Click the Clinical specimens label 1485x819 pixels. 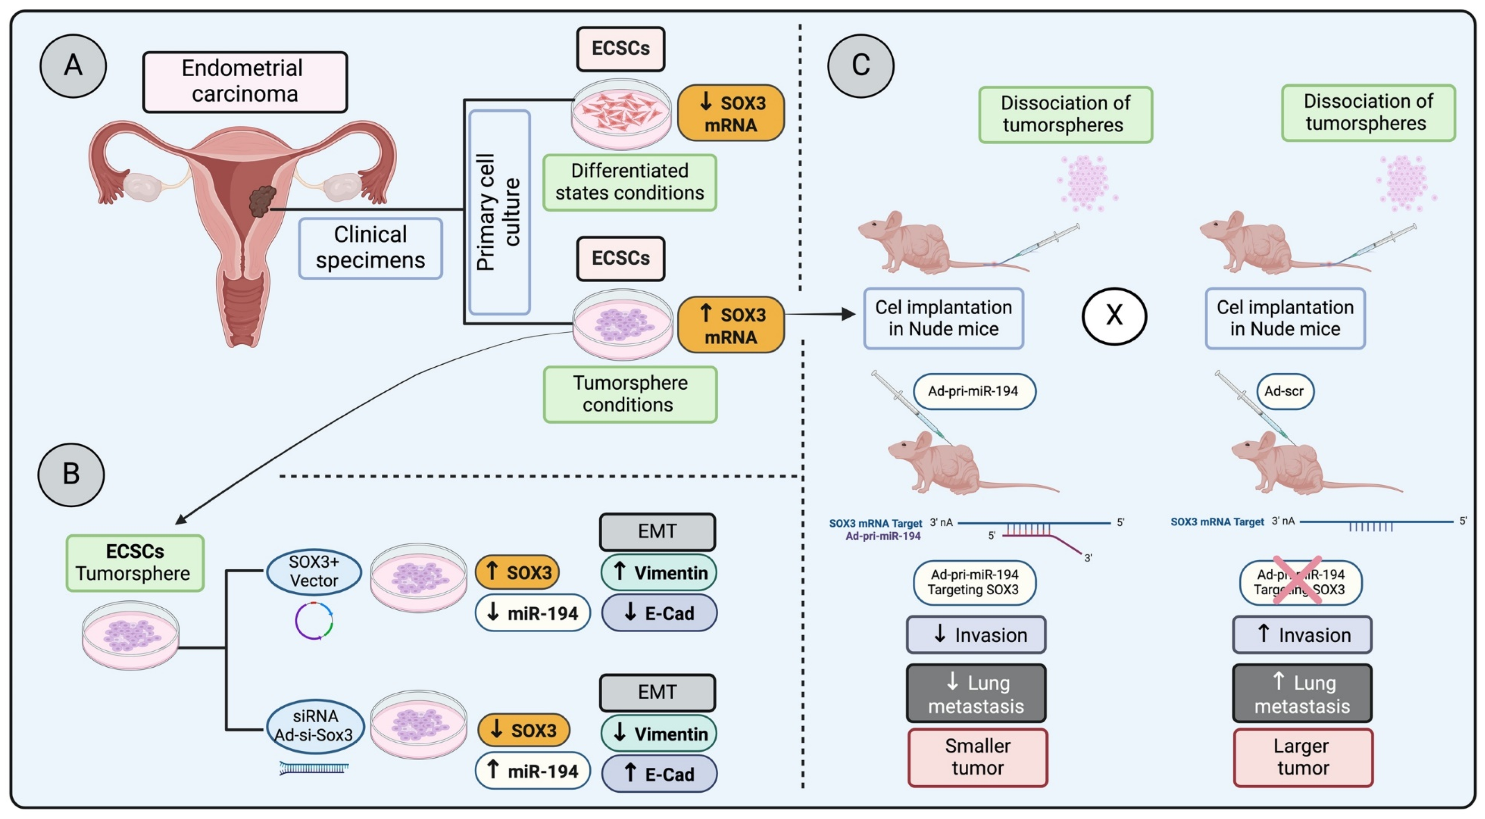[370, 248]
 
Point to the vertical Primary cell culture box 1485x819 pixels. [499, 211]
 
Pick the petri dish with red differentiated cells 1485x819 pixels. [621, 113]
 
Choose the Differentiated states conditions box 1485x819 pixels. [629, 182]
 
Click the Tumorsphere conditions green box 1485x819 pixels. [629, 394]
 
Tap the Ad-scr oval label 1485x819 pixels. [1285, 391]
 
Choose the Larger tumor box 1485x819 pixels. [1303, 757]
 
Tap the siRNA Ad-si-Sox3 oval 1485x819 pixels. [315, 726]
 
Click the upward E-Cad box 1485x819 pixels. [659, 774]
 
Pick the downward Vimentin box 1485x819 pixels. [659, 733]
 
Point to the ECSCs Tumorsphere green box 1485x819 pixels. [135, 563]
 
